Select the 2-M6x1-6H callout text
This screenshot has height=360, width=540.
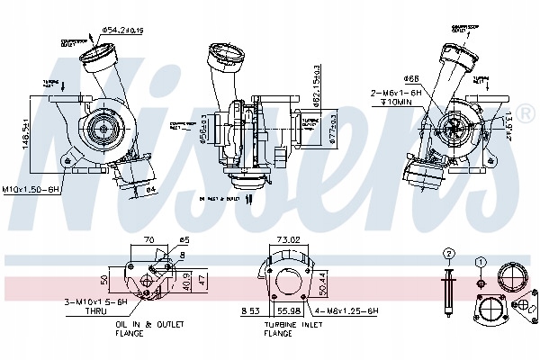pos(396,92)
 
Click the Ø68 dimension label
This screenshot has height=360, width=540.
pos(412,78)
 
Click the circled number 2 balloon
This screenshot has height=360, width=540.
pos(447,253)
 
